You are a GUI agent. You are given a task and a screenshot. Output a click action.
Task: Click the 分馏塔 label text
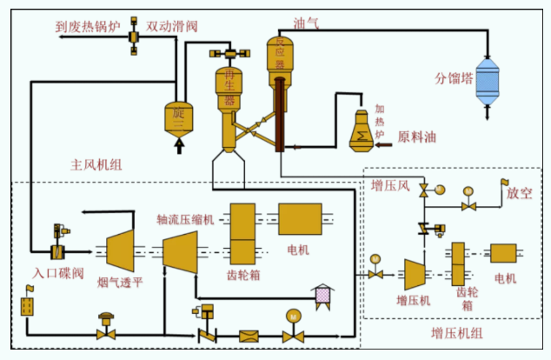click(x=455, y=77)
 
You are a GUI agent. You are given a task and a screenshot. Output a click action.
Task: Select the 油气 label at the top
click(x=307, y=23)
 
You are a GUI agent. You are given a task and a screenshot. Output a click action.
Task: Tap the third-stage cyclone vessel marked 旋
click(x=180, y=118)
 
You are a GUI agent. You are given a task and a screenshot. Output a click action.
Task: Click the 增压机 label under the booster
click(x=413, y=301)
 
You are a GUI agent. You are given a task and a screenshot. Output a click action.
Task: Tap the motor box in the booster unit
click(x=504, y=254)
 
